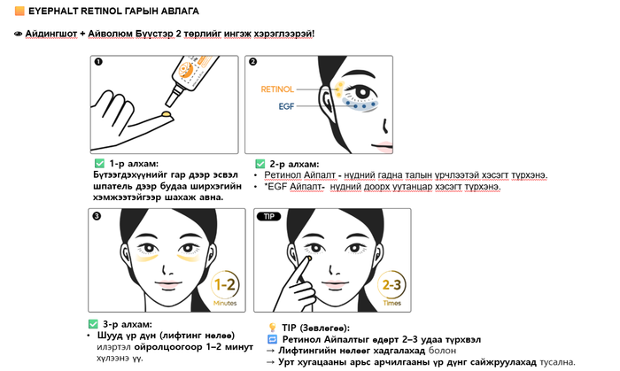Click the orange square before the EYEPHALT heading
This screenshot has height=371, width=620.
[19, 11]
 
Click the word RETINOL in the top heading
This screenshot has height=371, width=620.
[101, 11]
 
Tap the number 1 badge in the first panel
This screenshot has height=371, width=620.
[98, 62]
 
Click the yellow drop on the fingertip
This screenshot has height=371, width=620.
[167, 114]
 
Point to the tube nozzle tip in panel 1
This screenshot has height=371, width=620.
[170, 104]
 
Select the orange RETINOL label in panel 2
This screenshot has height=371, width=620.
[277, 89]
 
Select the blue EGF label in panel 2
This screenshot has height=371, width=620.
[286, 106]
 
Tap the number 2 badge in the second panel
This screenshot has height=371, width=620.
[253, 62]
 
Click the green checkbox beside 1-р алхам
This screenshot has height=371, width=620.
[99, 163]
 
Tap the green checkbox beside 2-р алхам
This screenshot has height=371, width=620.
[260, 164]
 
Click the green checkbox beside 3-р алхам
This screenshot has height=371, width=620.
[93, 324]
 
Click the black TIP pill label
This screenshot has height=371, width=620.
[269, 217]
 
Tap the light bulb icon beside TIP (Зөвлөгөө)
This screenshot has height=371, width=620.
[273, 327]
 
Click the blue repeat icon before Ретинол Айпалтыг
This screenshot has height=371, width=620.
[273, 339]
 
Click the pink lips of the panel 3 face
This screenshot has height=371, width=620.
[167, 284]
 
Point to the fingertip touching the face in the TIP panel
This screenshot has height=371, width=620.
[308, 259]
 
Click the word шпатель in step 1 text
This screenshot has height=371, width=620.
[112, 186]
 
